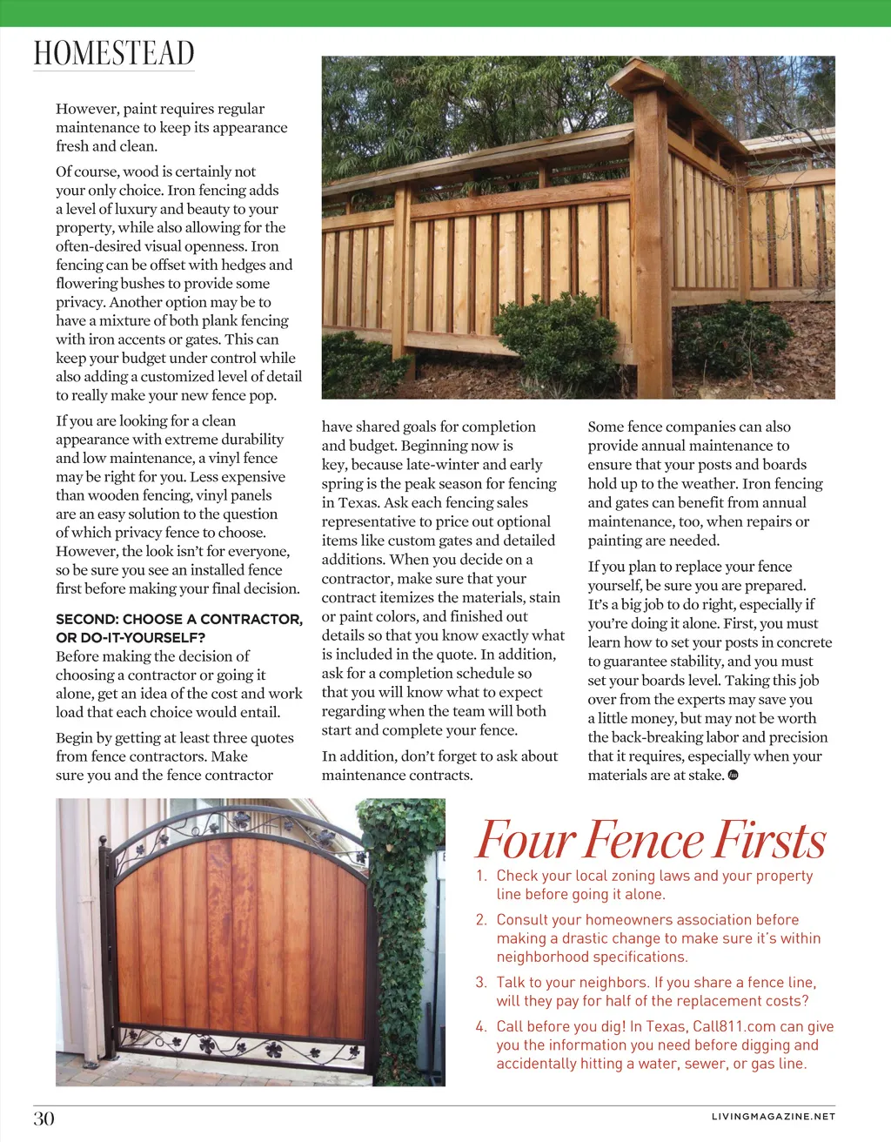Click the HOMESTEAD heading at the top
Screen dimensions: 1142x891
tap(114, 53)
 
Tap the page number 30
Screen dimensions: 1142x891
tap(44, 1118)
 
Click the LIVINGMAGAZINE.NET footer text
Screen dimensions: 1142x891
tap(773, 1116)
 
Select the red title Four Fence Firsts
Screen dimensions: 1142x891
tap(651, 840)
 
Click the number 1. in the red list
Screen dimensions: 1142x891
tap(481, 876)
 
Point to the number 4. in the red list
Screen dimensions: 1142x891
tap(481, 1027)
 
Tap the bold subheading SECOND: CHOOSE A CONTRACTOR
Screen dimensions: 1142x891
tap(179, 619)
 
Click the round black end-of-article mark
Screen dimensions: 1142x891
tap(733, 775)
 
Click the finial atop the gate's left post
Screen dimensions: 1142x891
tap(106, 845)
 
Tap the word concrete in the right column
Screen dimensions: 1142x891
tap(802, 642)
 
